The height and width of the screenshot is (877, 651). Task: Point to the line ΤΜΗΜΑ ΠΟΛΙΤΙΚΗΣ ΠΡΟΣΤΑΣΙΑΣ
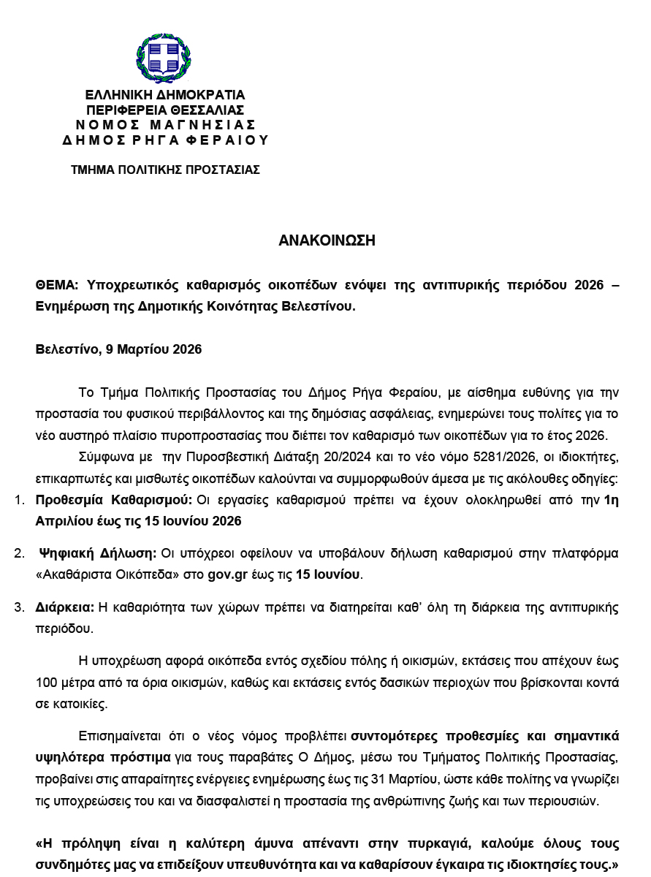pos(165,170)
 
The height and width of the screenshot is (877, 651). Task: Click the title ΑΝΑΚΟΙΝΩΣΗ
pos(327,240)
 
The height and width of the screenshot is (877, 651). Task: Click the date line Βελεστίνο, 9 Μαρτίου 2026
pos(118,349)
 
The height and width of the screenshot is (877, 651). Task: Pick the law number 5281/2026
pos(457,458)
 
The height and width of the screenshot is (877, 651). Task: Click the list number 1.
pos(19,501)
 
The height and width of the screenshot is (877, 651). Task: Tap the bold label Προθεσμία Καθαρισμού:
pos(114,501)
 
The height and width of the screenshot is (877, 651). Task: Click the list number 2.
pos(19,553)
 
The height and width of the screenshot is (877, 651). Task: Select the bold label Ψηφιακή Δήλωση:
pos(98,553)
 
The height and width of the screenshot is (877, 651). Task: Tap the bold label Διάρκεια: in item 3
pos(65,607)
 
